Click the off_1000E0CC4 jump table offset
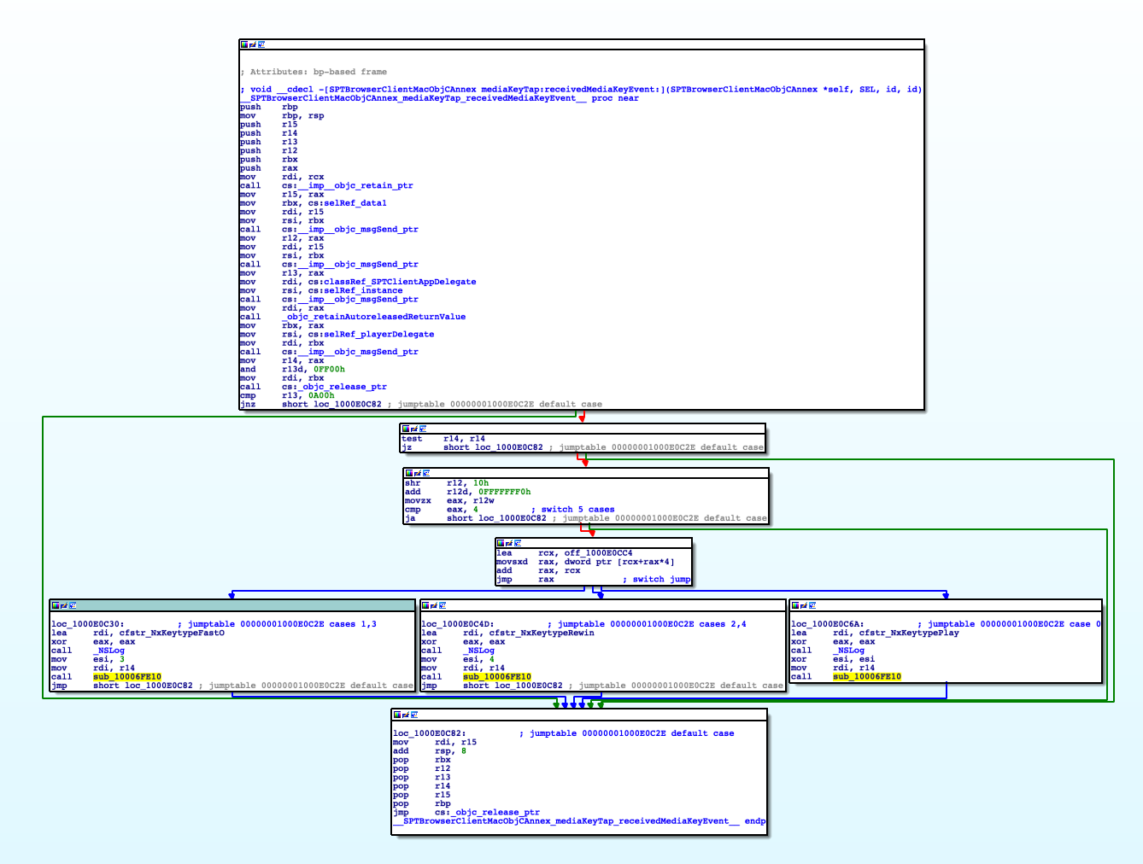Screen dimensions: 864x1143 (598, 553)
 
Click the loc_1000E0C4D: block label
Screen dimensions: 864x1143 (457, 624)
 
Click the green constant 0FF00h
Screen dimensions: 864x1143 (329, 369)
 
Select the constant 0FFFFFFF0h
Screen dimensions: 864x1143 (504, 492)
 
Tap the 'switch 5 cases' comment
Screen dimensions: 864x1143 (577, 510)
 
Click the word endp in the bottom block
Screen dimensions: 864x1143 (755, 821)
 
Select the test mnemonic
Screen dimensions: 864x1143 (412, 439)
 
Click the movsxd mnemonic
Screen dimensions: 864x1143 (512, 562)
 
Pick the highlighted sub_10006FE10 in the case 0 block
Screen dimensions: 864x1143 (866, 676)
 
